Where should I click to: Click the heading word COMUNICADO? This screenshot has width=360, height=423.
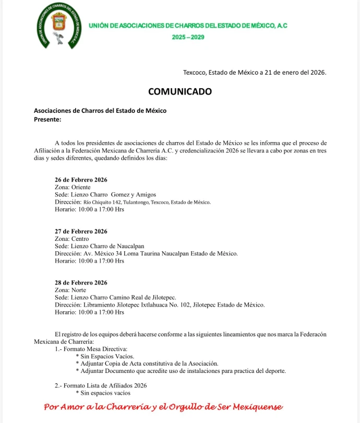click(180, 91)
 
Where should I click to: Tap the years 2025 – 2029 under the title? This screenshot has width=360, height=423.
click(188, 37)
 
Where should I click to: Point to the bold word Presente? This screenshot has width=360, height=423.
click(47, 119)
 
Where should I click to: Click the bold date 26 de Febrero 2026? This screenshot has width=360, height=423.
click(81, 180)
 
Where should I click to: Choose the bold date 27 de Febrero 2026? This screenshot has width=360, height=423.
click(81, 231)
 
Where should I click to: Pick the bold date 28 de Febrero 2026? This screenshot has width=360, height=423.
click(81, 283)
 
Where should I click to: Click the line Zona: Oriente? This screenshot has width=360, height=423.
click(73, 187)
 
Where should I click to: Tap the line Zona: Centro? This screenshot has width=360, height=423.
click(71, 239)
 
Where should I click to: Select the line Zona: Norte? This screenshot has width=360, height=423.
click(70, 290)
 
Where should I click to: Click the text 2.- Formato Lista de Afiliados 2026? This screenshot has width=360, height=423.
click(101, 385)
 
